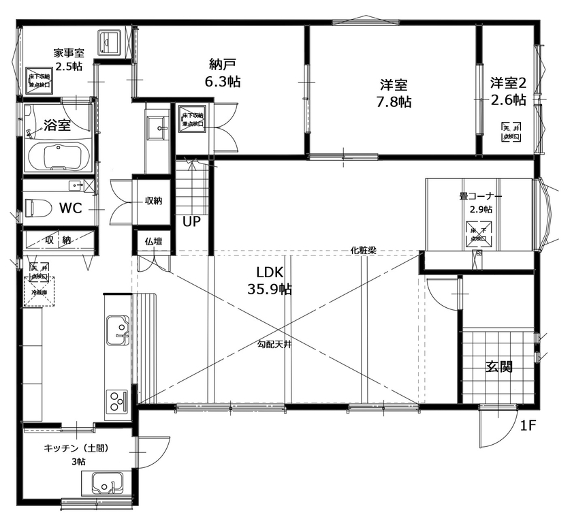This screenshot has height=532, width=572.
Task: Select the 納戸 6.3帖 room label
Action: tap(223, 73)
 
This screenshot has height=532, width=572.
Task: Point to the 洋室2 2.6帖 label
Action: tap(508, 91)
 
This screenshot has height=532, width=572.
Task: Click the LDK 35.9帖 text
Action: tap(269, 281)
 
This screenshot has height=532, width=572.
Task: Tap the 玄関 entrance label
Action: tap(498, 366)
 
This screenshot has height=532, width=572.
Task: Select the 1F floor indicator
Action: tap(530, 427)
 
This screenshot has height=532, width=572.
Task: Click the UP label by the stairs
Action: tap(191, 221)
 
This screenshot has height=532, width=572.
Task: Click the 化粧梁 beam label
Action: tap(364, 250)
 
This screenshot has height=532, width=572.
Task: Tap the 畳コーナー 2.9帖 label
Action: tap(480, 202)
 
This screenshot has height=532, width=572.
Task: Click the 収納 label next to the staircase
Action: tap(153, 201)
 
